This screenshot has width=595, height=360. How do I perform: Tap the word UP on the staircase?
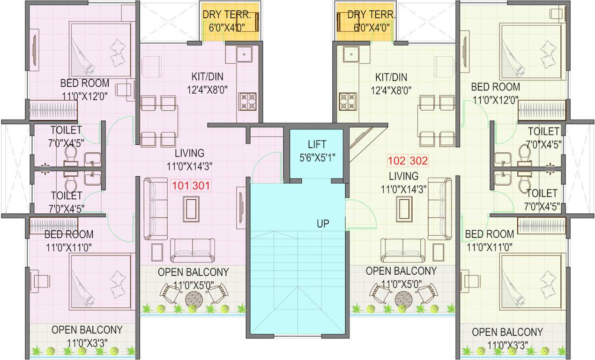pos(323,224)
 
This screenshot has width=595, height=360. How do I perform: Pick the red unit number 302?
pos(418,161)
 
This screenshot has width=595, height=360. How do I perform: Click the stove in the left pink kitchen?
pos(248,101)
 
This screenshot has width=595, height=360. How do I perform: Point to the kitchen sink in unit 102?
pos(350,54)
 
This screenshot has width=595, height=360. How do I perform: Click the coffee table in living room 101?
pos(191,209)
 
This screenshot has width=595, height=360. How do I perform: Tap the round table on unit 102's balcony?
pos(403,297)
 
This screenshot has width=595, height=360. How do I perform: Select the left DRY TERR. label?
pos(227,15)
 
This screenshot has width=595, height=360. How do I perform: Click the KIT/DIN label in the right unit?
pos(391,77)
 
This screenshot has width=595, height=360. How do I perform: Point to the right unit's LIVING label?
pos(403,176)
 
